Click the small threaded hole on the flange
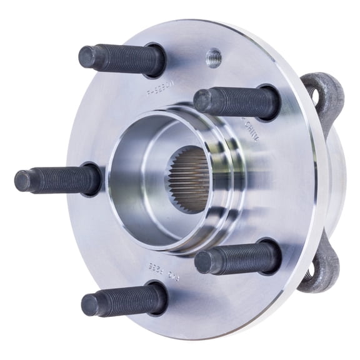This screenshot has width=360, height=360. [213, 57]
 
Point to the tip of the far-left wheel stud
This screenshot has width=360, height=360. [22, 181]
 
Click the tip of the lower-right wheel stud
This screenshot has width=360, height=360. [203, 262]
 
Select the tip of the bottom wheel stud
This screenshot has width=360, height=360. [90, 304]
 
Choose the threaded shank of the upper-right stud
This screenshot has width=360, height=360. [237, 102]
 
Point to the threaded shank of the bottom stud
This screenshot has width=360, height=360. [125, 301]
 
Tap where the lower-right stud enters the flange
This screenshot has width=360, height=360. [269, 255]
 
